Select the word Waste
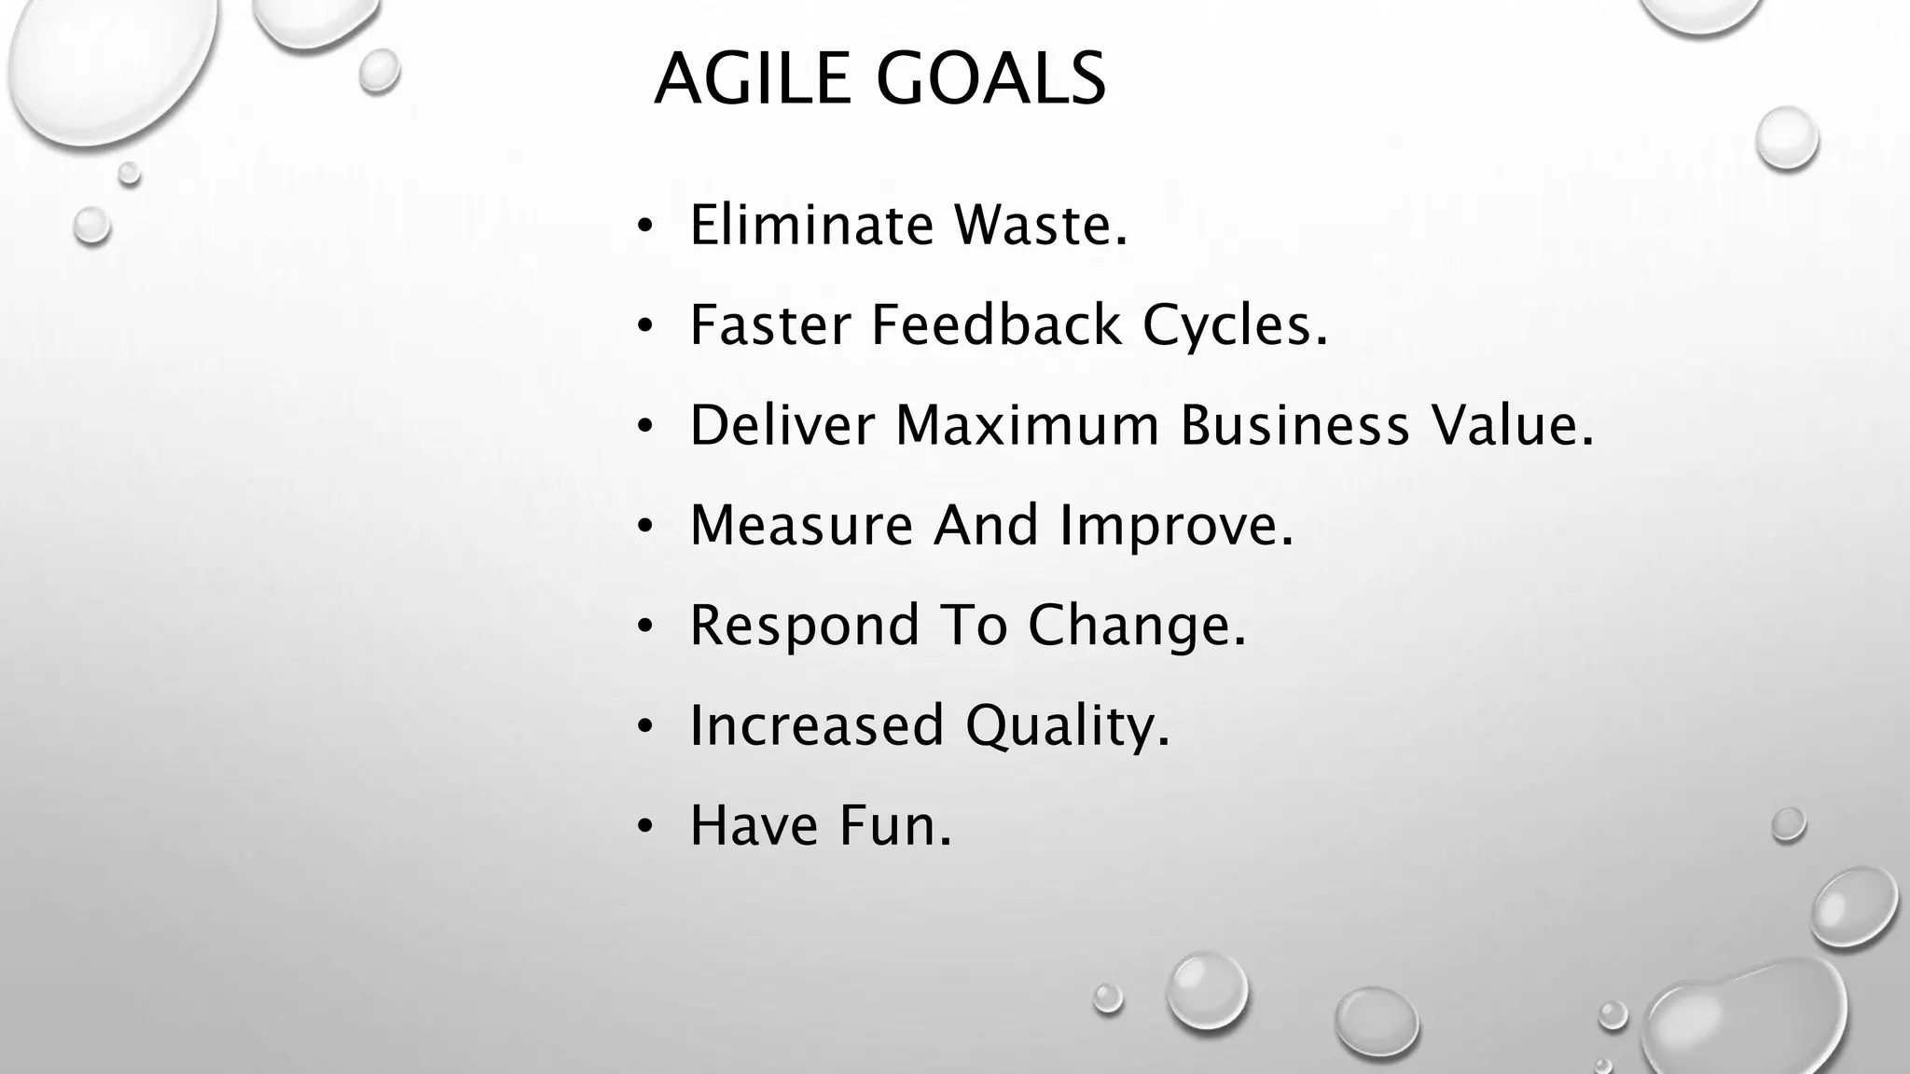1040,226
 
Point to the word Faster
770,325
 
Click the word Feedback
996,325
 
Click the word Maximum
1027,425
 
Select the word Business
1294,425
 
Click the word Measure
801,525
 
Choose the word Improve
1176,527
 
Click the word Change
1136,626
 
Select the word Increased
816,725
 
